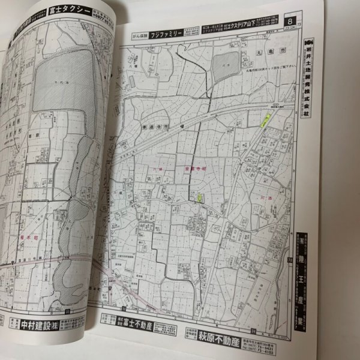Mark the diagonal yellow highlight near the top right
[x=262, y=119]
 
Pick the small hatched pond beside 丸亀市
[x=224, y=64]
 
